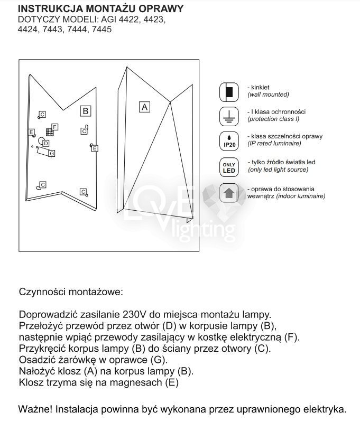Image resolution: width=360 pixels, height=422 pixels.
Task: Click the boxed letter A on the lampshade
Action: [144, 107]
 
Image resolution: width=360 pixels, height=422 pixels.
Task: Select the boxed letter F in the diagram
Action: [55, 127]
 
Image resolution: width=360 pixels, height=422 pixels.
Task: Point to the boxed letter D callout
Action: [47, 143]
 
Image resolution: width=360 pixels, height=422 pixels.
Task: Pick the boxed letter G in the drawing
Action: [51, 153]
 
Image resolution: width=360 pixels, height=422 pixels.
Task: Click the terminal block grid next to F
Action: [49, 132]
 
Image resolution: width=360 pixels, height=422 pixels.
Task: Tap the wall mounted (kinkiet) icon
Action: [228, 92]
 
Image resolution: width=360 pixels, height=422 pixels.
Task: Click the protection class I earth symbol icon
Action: [228, 116]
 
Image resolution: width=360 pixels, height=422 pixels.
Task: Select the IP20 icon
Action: [228, 141]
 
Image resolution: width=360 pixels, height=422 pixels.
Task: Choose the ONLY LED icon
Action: [228, 167]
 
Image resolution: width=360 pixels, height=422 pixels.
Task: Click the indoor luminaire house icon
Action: [228, 193]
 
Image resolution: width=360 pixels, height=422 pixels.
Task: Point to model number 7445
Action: [101, 30]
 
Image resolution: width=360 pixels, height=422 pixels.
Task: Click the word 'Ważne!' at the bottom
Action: [34, 409]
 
